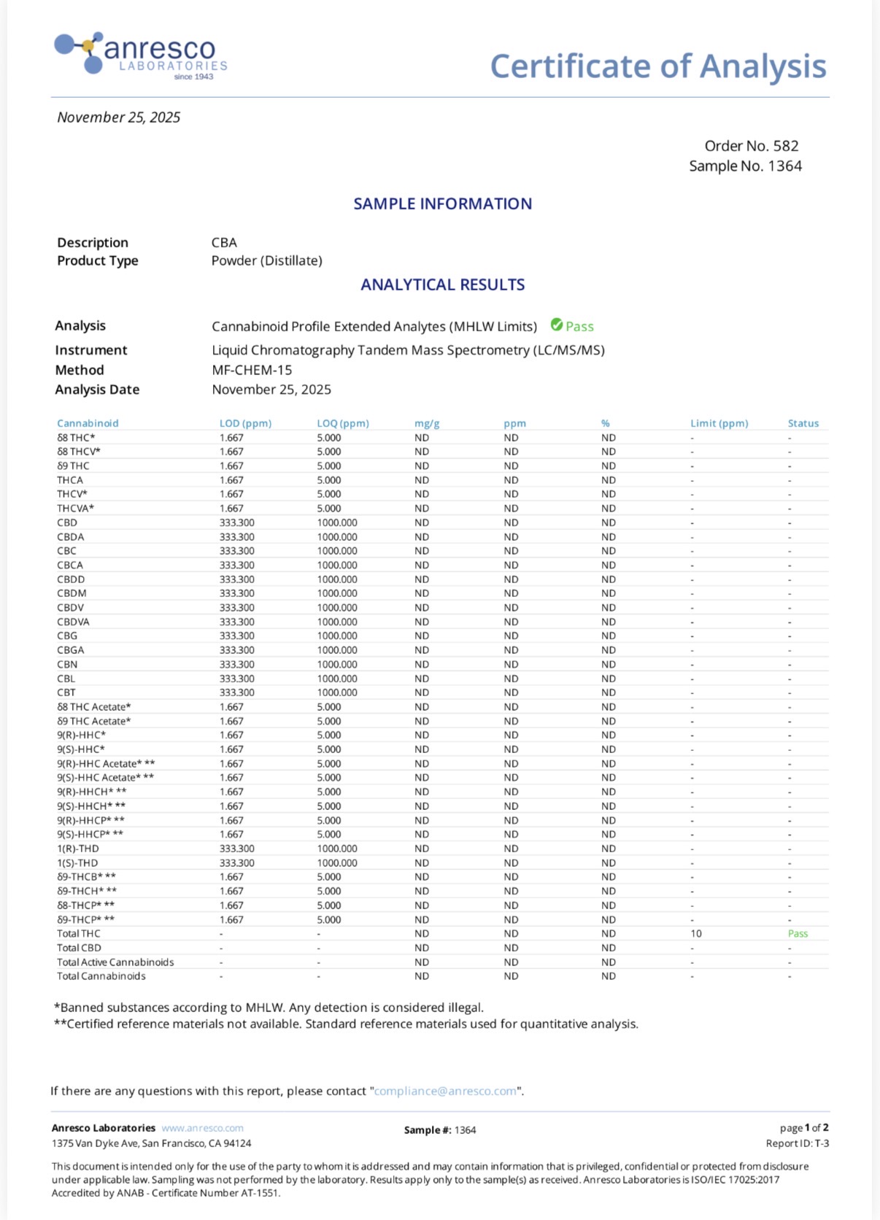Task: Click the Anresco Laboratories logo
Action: [141, 55]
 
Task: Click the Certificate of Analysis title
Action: [657, 66]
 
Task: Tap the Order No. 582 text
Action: [751, 146]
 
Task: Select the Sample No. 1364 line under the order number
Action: [745, 166]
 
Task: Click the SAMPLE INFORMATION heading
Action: [442, 204]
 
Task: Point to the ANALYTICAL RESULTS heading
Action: [442, 285]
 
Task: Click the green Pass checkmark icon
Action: [557, 325]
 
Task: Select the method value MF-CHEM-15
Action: [252, 370]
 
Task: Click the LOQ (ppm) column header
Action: [343, 423]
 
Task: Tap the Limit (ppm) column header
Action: [719, 423]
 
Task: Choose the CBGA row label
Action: [71, 650]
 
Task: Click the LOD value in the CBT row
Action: [237, 692]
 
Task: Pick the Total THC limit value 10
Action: [696, 933]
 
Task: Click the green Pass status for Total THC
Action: [798, 933]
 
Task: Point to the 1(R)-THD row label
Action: [78, 849]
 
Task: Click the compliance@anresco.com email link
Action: [445, 1092]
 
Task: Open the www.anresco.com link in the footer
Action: [202, 1128]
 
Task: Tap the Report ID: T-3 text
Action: [797, 1143]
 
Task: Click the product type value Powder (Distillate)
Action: [266, 261]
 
